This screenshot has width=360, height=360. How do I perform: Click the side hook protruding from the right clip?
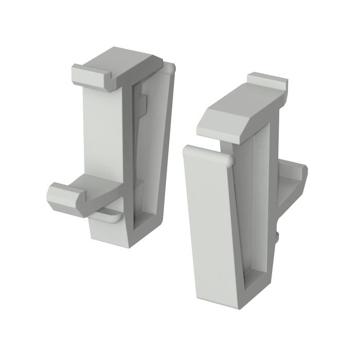coord(293,177)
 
